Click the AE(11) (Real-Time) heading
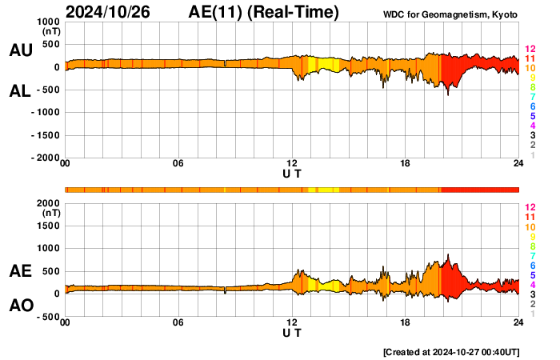[264, 13]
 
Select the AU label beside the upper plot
[20, 50]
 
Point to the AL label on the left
[20, 91]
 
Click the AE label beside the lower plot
[20, 271]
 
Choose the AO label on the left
[20, 306]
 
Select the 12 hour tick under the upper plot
[292, 164]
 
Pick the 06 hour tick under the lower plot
[178, 322]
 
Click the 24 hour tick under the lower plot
[518, 322]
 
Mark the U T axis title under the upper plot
[292, 174]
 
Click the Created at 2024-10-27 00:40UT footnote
[451, 352]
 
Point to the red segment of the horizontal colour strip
[480, 189]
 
